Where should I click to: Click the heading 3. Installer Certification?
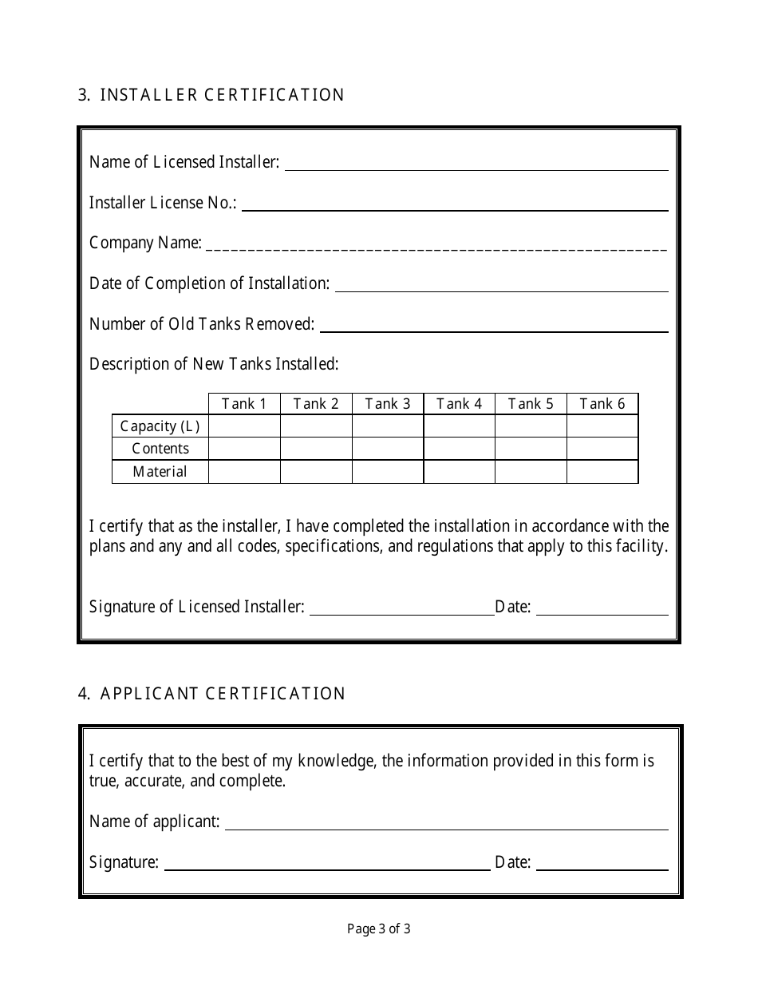211,95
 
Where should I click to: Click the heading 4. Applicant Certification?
211,694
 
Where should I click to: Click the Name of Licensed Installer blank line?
476,164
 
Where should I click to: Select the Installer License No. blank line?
454,205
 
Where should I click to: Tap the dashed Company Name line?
436,246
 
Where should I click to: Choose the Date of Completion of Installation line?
501,286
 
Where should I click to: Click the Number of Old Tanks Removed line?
493,327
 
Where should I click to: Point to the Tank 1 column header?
244,404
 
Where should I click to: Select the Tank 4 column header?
459,404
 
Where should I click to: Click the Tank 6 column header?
602,404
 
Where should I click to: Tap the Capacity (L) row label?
160,426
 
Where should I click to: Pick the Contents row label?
160,449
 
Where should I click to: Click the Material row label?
160,472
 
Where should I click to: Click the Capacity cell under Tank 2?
316,426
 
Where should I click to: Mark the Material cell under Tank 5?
531,472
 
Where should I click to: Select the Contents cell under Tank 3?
387,449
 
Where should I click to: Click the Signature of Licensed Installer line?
401,609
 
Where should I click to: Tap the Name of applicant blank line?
446,825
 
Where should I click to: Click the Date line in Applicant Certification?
602,865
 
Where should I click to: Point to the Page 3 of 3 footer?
379,929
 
